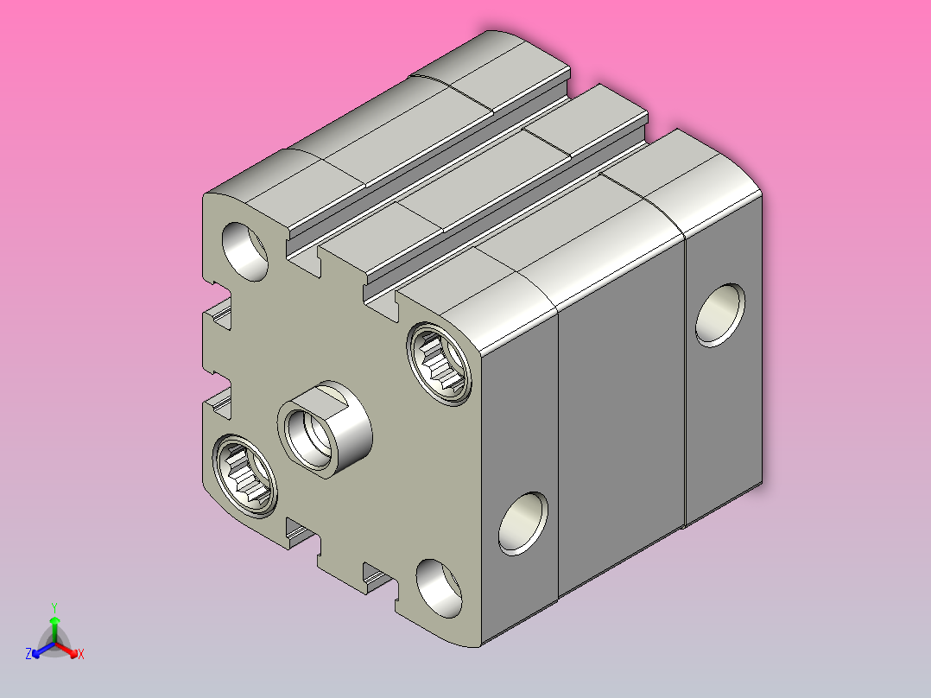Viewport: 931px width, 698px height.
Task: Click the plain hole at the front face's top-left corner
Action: (244, 251)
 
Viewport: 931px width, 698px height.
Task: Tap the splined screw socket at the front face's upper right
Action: (440, 364)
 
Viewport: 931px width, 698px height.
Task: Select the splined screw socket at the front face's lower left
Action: (244, 476)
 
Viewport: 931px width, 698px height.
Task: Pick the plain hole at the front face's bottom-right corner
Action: (439, 588)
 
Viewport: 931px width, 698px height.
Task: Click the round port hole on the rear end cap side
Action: (719, 315)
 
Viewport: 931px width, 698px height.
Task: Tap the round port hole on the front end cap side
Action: (523, 523)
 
